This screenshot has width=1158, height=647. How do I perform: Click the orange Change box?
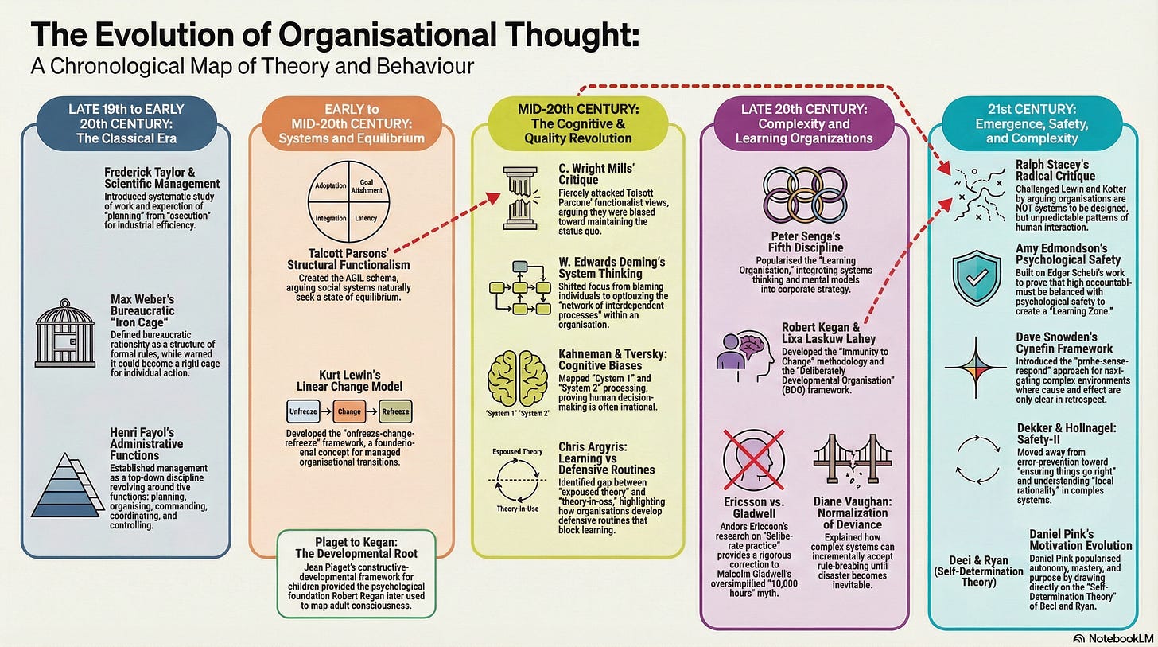tap(350, 413)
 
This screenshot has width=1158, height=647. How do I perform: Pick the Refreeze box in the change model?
tap(394, 413)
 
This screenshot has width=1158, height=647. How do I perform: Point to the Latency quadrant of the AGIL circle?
tap(366, 216)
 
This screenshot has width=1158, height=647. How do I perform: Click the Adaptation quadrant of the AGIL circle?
tap(331, 186)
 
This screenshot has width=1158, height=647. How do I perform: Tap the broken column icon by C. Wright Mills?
tap(519, 198)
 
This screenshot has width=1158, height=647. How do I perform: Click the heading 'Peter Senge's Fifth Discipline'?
tap(806, 243)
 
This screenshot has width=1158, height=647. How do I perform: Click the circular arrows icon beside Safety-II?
tap(976, 460)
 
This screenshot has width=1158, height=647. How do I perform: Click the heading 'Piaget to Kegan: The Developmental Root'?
tap(356, 547)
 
